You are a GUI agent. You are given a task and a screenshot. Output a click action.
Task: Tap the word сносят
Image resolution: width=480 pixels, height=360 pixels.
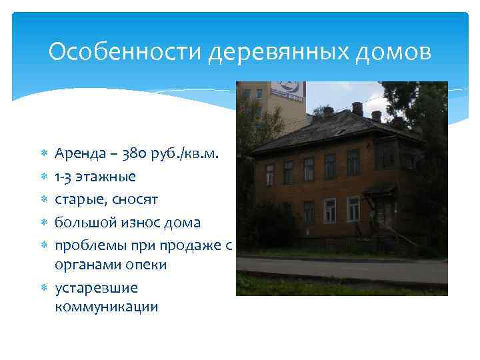point(135,199)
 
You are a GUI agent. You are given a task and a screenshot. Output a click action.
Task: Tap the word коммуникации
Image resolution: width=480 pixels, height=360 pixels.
point(107,307)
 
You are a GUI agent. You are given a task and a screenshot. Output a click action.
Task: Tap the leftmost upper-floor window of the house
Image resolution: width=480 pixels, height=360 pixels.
point(269,174)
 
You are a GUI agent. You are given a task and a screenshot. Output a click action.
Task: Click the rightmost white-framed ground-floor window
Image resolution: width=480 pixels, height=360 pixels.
point(353,208)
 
